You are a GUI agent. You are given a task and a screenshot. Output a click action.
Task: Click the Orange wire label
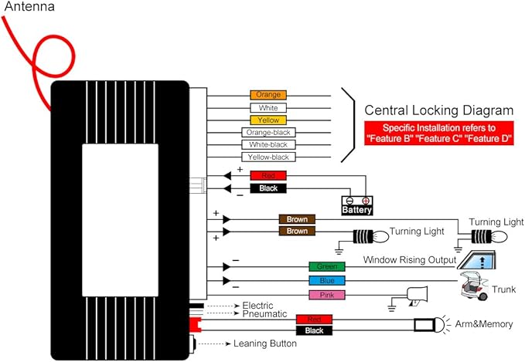coord(268,95)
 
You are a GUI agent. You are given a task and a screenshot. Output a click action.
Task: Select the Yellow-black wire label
coord(268,157)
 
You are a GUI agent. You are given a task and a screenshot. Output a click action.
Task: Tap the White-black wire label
coord(268,145)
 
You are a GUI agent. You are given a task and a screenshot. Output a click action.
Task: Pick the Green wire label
coord(327,266)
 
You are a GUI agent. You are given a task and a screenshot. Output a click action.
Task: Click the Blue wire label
coord(327,280)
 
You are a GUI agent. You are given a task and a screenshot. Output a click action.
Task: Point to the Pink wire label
coord(327,295)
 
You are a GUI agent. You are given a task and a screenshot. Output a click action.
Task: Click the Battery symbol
coord(357,205)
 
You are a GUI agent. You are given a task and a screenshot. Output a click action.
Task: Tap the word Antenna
coord(29,6)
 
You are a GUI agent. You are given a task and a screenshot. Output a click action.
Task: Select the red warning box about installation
coord(439,133)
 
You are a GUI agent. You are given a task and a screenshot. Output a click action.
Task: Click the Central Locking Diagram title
coord(439,110)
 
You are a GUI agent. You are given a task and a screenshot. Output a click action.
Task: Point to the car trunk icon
coord(474,286)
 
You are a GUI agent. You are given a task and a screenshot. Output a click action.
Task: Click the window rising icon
coord(476,259)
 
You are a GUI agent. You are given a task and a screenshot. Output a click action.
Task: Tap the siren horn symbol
coord(417,296)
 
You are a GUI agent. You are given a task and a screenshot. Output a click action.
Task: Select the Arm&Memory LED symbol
coord(432,324)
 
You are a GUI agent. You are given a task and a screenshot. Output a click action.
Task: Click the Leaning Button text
coord(265,343)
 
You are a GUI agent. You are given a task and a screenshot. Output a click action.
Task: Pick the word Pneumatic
coord(264,314)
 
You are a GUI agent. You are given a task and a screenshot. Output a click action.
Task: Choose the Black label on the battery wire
coord(268,188)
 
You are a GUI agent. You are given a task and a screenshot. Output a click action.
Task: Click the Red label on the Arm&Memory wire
coord(314,320)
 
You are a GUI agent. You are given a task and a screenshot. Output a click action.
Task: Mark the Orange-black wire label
coord(268,132)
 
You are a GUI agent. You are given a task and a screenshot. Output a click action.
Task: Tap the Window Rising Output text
coord(410,259)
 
